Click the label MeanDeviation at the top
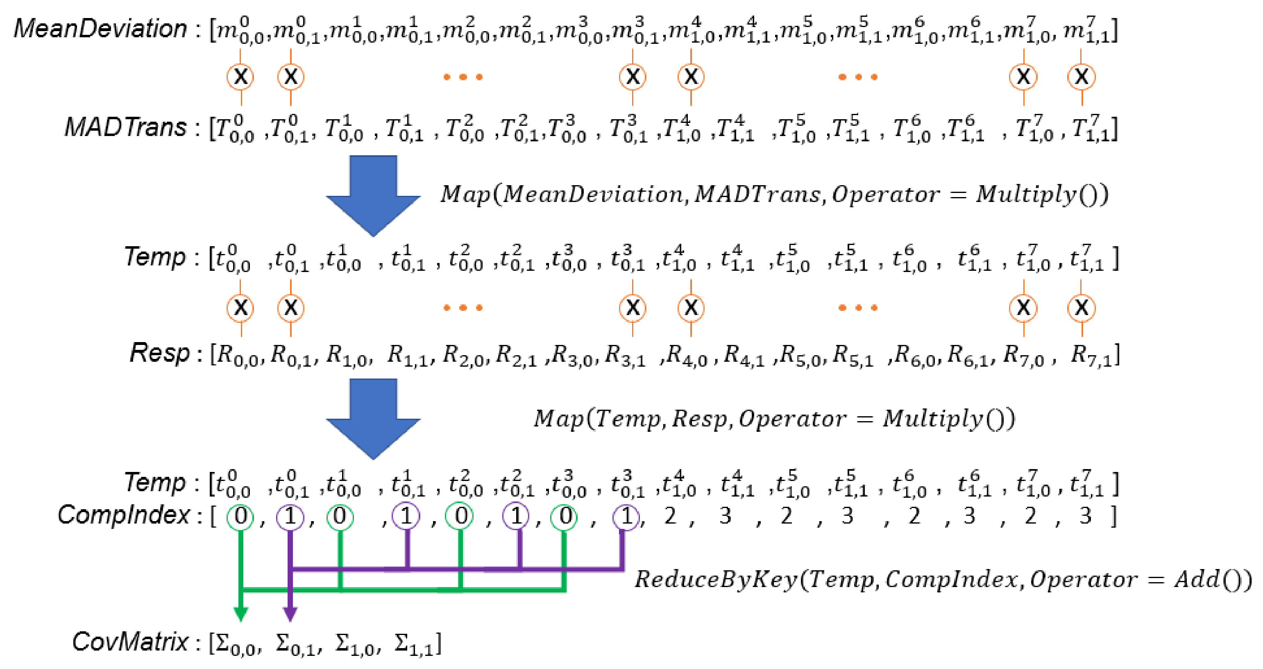point(100,28)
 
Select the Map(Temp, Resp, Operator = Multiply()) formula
point(774,419)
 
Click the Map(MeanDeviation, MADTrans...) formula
point(774,194)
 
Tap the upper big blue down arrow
point(373,195)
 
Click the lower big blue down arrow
point(373,418)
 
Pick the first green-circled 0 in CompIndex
point(240,517)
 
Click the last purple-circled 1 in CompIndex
point(626,517)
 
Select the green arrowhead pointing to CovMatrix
point(240,613)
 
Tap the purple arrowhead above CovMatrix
point(290,613)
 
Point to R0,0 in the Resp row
point(238,354)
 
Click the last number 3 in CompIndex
point(1086,516)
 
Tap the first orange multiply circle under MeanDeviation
point(240,77)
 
